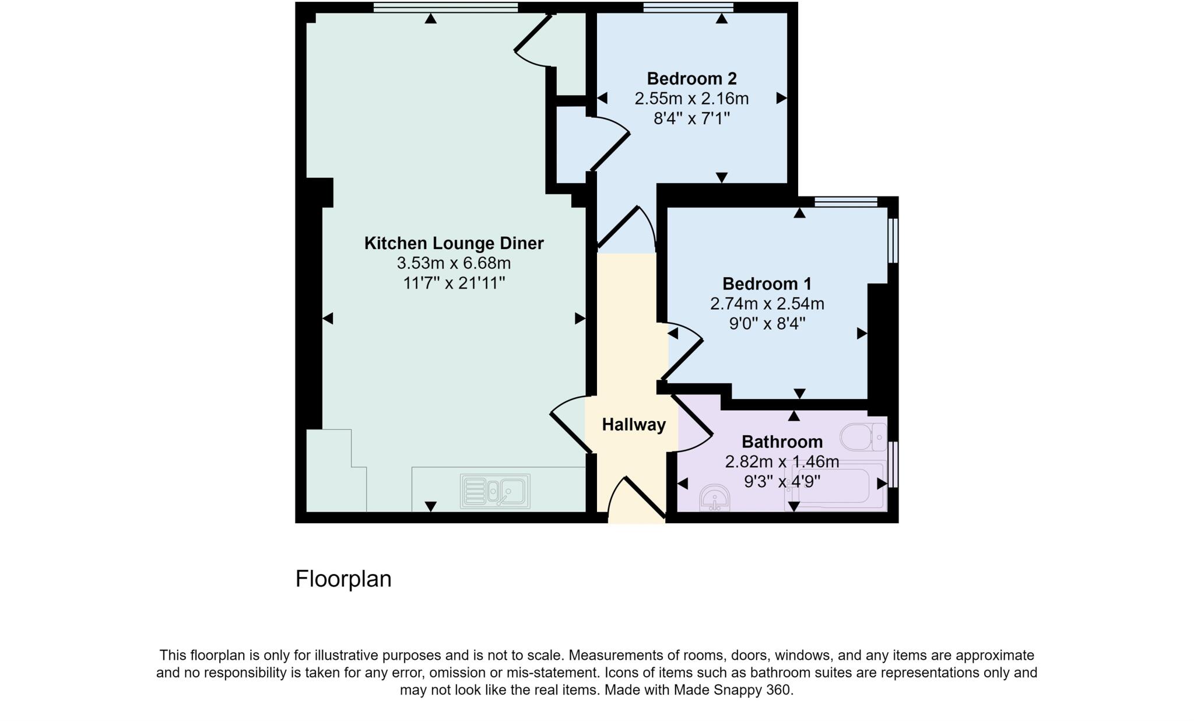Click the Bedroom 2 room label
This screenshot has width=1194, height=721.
click(691, 78)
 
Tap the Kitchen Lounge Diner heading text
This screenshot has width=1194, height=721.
click(454, 243)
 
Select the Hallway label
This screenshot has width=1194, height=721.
click(634, 425)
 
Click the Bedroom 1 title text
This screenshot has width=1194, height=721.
click(767, 284)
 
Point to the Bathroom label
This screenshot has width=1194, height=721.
click(782, 442)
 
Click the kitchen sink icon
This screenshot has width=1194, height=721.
click(495, 491)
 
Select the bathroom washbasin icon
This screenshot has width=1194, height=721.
click(714, 498)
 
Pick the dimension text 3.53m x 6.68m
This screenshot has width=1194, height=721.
click(454, 263)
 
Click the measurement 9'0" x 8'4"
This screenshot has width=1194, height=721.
click(767, 323)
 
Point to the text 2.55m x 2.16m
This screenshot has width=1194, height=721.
click(691, 99)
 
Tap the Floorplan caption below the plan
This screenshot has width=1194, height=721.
click(343, 579)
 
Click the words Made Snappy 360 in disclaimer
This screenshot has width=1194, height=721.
click(733, 690)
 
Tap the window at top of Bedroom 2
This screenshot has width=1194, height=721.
click(688, 7)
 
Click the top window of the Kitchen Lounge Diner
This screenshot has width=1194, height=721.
click(445, 7)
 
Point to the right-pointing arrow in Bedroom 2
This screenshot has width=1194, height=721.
click(781, 99)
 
